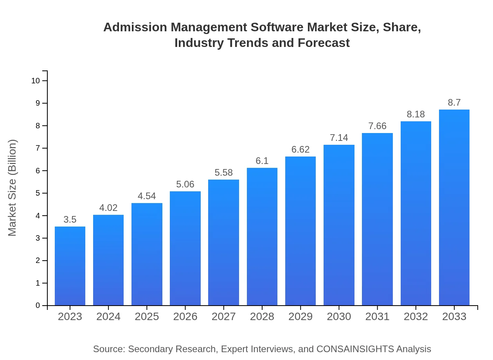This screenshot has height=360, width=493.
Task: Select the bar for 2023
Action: (x=70, y=266)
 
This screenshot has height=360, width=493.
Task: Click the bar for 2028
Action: (x=262, y=237)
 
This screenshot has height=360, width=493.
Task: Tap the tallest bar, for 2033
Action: (x=454, y=207)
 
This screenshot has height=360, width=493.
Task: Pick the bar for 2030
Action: (x=339, y=225)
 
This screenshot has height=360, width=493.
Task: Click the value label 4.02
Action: (x=108, y=208)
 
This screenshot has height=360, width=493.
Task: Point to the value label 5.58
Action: (x=224, y=173)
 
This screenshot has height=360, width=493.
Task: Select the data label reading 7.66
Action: (x=377, y=126)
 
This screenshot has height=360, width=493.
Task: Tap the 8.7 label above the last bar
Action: (x=454, y=103)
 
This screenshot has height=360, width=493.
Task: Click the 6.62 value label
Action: (x=300, y=149)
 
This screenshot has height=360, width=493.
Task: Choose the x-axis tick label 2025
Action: (x=147, y=317)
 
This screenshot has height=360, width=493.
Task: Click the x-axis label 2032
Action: (x=416, y=317)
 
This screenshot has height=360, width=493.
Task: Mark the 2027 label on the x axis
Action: (x=224, y=317)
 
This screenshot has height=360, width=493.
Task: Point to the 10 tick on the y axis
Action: (x=36, y=81)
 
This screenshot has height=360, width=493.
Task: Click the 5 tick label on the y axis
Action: (x=38, y=193)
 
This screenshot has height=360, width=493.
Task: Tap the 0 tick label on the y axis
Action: (x=38, y=306)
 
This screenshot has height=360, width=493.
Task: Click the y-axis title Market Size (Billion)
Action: (x=13, y=188)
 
